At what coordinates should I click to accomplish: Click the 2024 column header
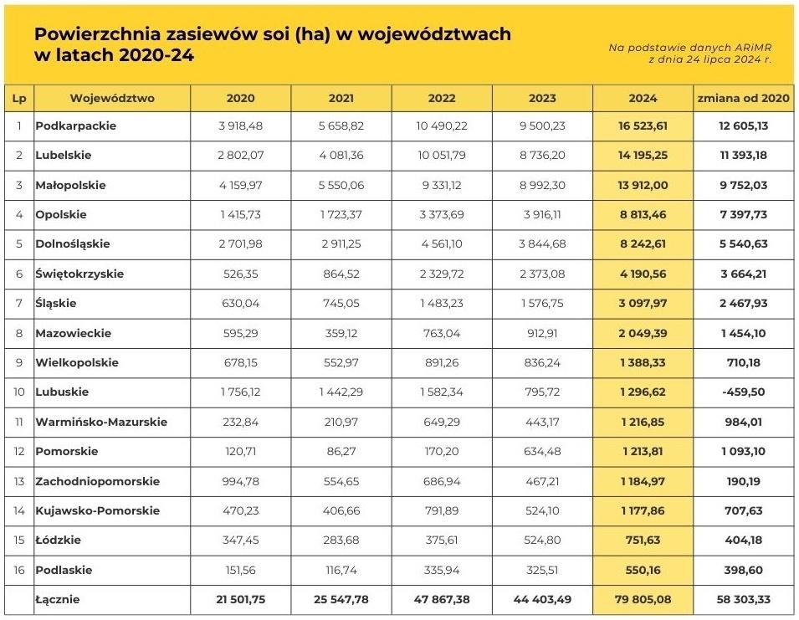tap(643, 98)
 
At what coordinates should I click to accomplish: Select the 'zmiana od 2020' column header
tap(744, 98)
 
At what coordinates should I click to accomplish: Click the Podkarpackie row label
tap(76, 126)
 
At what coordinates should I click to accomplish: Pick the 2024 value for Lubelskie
tap(643, 156)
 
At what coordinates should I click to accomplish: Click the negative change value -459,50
tap(744, 392)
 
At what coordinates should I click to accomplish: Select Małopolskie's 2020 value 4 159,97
tap(241, 185)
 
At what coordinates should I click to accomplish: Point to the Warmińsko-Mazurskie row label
tap(101, 422)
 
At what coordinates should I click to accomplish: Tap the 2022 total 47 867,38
tap(442, 600)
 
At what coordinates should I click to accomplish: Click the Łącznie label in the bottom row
tap(58, 600)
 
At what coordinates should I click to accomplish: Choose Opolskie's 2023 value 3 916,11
tap(542, 215)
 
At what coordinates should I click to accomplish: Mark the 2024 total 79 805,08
tap(643, 600)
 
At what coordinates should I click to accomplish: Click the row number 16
tap(18, 571)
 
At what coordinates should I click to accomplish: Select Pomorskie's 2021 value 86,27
tap(341, 452)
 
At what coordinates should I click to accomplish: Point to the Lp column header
tap(18, 98)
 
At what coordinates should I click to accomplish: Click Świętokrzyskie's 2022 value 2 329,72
tap(442, 274)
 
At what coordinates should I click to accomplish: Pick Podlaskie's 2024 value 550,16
tap(643, 571)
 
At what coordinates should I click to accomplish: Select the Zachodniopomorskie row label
tap(97, 481)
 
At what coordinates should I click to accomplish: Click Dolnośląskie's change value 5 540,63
tap(744, 244)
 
